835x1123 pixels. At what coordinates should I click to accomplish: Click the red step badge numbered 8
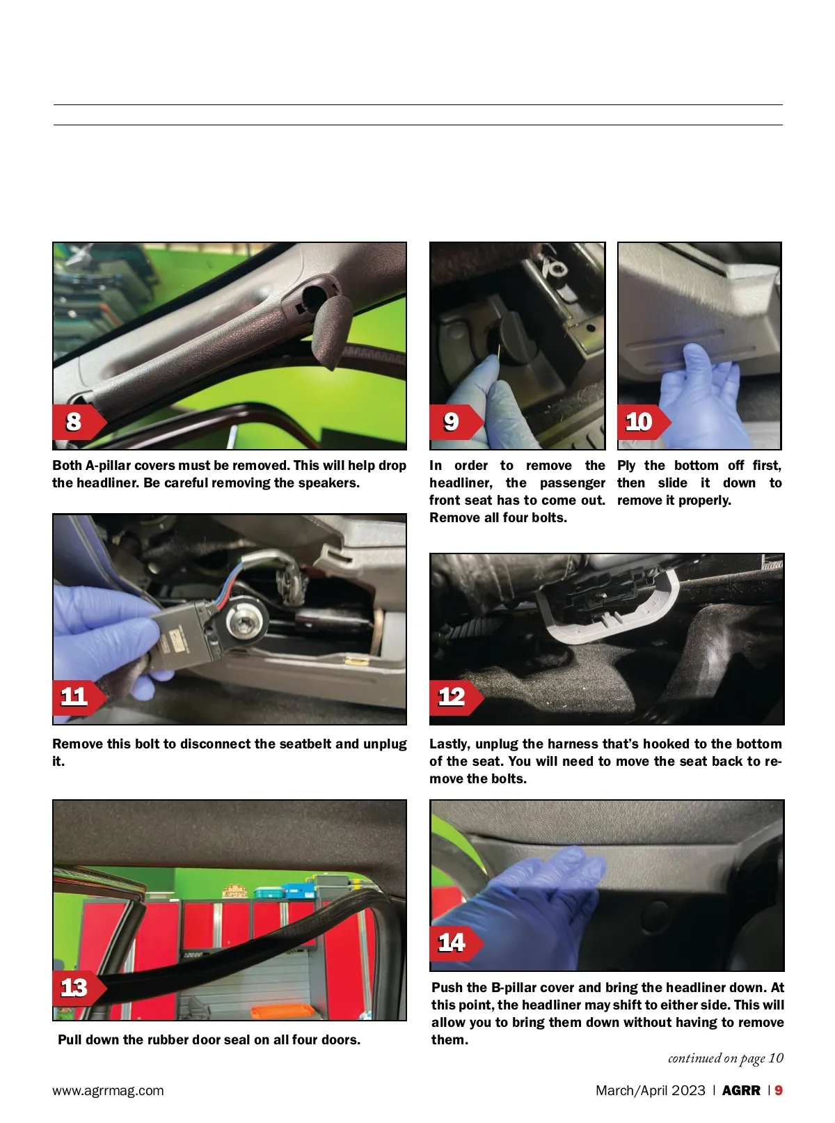point(79,422)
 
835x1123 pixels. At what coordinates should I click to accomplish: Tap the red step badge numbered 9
point(456,422)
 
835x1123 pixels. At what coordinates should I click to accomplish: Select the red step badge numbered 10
point(643,422)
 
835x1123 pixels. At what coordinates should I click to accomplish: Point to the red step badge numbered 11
point(79,697)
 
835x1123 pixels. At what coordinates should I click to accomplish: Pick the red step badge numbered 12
point(456,697)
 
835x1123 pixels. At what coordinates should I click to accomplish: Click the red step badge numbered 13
point(79,988)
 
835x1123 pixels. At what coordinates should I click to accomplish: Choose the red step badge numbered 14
point(456,943)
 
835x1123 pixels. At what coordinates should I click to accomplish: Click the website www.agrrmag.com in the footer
point(108,1090)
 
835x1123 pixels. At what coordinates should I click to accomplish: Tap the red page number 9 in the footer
point(779,1090)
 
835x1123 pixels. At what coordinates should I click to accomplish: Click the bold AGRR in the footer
point(741,1090)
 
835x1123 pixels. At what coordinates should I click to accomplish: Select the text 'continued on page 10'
point(725,1058)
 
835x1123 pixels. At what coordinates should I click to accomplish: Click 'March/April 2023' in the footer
point(651,1090)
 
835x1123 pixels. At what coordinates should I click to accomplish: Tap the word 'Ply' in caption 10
point(626,466)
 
